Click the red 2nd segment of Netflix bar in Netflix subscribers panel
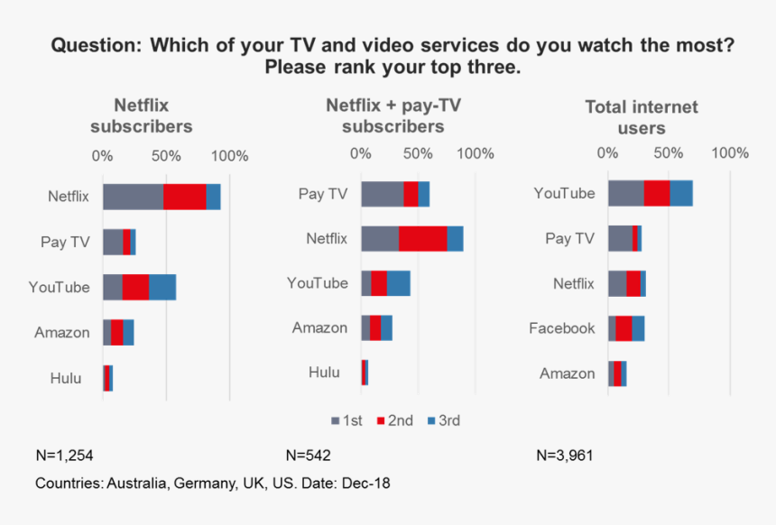tap(184, 197)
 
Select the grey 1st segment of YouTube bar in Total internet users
tap(625, 193)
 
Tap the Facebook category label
tap(561, 328)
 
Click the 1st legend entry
tap(347, 420)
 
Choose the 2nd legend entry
tap(393, 420)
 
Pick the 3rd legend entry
tap(443, 420)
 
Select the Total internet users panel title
tap(642, 117)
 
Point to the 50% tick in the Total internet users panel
tap(668, 152)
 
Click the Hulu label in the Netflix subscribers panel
tap(66, 378)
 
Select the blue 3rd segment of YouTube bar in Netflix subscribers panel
tap(162, 287)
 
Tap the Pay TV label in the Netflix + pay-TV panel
tap(322, 194)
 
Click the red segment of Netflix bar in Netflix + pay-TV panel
tap(422, 239)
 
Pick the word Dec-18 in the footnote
tap(367, 484)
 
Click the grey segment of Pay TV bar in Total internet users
tap(620, 238)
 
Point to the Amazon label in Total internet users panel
tap(567, 373)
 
